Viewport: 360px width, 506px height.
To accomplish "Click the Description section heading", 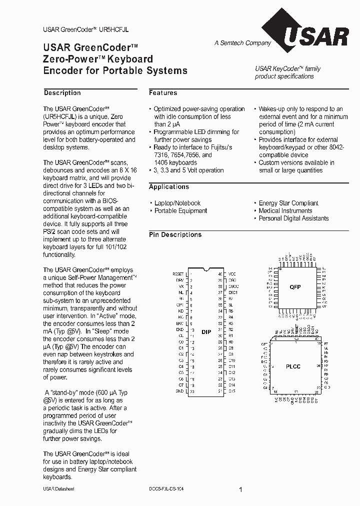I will (62, 93).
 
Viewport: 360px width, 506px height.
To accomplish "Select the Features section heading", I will (163, 93).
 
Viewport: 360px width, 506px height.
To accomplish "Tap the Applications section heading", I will (169, 187).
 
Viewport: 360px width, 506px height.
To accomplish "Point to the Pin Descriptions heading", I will (175, 235).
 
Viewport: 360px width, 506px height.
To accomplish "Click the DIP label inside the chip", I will (206, 332).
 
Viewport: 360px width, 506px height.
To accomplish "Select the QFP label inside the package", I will (295, 287).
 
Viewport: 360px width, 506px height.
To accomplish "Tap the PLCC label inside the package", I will (293, 366).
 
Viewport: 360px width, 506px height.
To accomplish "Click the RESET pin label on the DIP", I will (178, 274).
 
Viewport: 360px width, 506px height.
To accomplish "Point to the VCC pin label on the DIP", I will (232, 274).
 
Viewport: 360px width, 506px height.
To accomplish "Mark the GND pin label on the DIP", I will (179, 391).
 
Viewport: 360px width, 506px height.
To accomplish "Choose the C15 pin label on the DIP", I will (232, 391).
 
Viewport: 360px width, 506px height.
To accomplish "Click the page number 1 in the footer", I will (240, 490).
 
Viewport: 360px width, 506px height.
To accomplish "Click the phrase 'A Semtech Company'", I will (242, 43).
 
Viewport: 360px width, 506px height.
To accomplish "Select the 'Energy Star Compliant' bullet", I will (288, 203).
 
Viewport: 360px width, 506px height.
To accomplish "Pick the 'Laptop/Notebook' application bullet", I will (177, 203).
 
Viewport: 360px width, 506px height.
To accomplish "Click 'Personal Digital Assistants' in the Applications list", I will (293, 218).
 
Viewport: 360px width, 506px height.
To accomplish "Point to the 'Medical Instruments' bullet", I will (285, 211).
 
